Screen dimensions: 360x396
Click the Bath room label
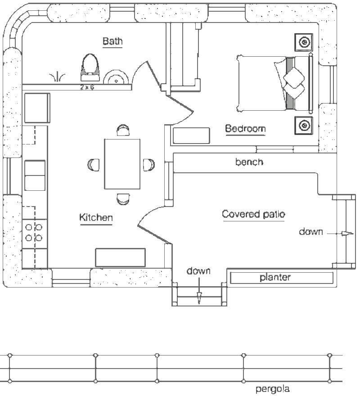[112, 41]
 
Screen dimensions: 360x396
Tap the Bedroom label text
[245, 129]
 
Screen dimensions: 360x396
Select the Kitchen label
[96, 217]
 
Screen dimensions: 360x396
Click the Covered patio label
[254, 214]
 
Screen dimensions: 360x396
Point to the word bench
[249, 162]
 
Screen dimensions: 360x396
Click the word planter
[275, 278]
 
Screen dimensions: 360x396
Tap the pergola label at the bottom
[273, 389]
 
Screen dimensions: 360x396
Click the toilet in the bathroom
[90, 65]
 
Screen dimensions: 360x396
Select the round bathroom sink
[116, 77]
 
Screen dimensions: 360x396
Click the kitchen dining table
[122, 164]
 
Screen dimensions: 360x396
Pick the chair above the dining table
[123, 130]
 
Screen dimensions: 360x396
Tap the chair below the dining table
[123, 199]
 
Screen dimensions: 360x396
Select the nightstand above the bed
[304, 42]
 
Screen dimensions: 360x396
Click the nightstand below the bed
[304, 126]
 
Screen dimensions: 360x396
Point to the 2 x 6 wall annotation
[87, 87]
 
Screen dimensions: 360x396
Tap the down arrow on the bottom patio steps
[199, 291]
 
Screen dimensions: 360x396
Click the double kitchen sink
[35, 175]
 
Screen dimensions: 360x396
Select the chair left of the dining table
[94, 165]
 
